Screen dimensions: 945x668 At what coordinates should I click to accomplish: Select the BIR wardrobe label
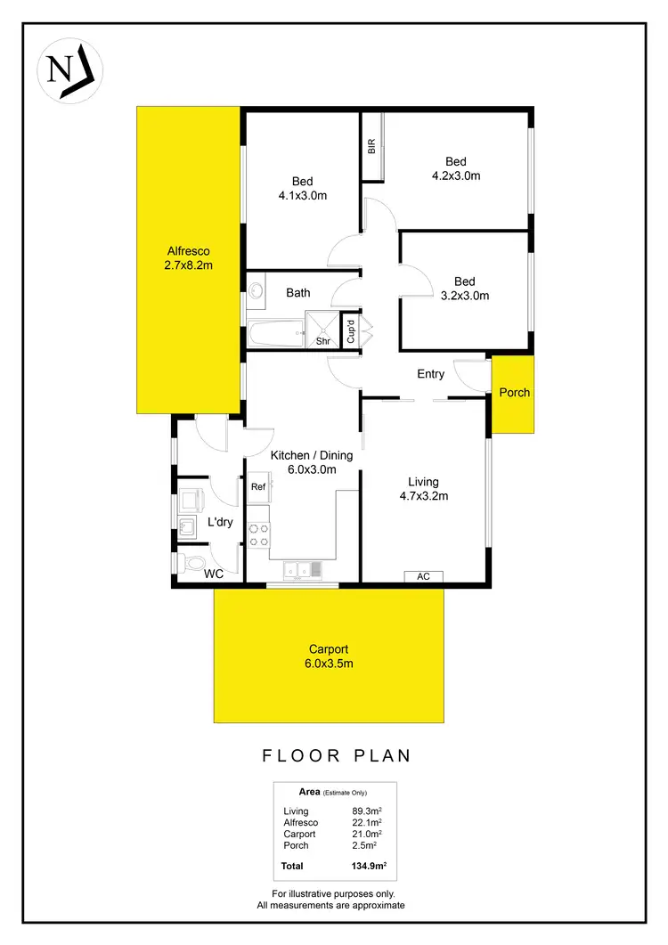coord(371,147)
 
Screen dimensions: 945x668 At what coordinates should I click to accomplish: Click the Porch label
coord(513,393)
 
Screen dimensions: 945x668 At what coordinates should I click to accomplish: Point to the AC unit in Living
coord(424,576)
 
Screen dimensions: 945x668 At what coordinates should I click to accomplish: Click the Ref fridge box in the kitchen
coord(258,487)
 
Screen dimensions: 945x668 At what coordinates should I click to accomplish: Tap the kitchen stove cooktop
coord(258,534)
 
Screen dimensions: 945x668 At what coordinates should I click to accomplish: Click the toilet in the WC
coord(189,563)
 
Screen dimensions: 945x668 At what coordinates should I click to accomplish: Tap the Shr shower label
coord(324,340)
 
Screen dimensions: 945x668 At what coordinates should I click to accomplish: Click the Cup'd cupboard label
coord(351,332)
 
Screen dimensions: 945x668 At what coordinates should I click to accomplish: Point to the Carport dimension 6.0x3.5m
coord(329,663)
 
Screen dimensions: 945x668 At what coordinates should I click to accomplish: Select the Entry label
coord(430,374)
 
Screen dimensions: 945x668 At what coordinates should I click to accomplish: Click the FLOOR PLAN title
coord(337,756)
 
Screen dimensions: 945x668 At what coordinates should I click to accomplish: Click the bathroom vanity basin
coord(255,290)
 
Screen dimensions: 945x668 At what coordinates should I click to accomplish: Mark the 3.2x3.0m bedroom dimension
coord(465,296)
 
